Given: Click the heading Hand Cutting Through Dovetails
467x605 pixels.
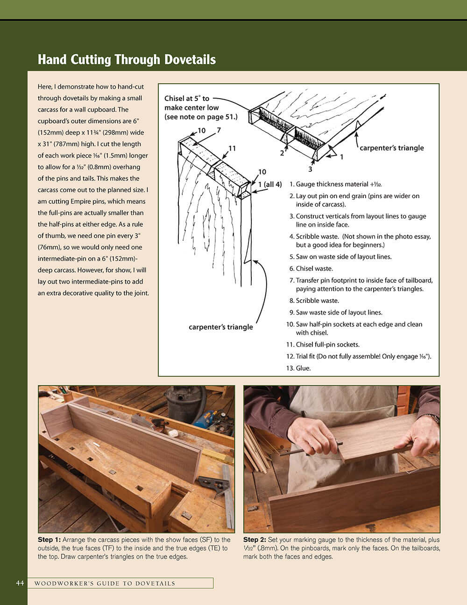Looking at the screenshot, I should point(127,60).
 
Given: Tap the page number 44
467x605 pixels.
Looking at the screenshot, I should point(20,583).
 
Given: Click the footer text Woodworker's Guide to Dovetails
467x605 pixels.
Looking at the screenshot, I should point(105,583).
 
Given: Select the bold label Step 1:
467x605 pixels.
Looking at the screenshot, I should point(49,540).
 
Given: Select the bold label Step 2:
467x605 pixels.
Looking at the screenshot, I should point(255,540).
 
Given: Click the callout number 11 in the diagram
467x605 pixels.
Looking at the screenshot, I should point(232,148).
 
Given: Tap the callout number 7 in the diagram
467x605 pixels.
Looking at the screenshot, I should point(219,130).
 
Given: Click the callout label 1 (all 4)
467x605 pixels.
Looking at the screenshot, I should point(270,184).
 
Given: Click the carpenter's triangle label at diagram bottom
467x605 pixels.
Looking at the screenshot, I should point(220,327).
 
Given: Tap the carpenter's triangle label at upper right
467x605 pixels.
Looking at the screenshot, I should point(391,148).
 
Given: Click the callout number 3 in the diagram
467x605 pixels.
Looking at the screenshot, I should point(310,169).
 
